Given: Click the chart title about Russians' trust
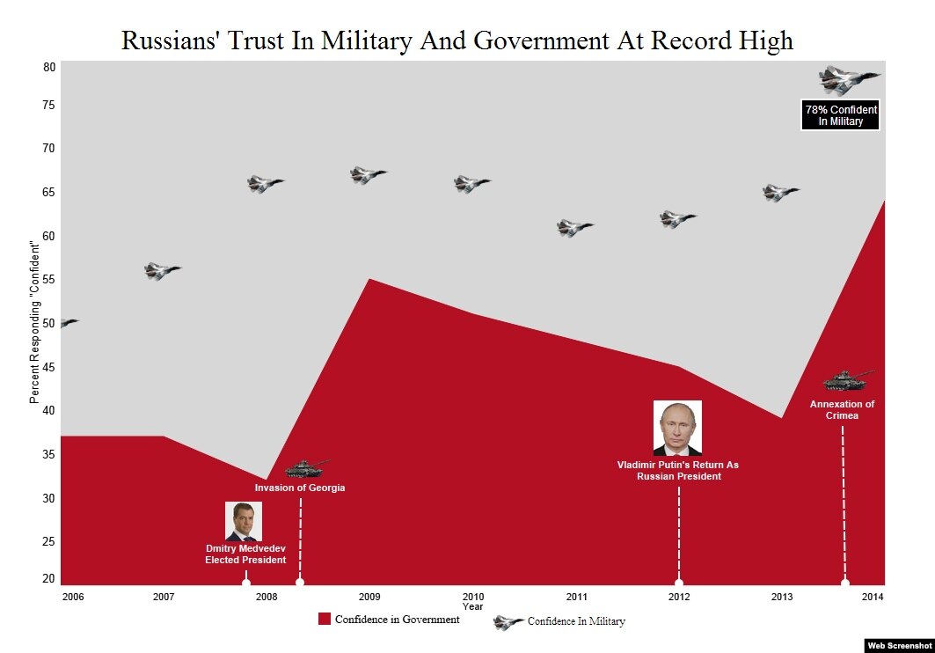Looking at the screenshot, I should [x=457, y=40].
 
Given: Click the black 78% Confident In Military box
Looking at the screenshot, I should [x=841, y=115].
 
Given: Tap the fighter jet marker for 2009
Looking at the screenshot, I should [x=368, y=174].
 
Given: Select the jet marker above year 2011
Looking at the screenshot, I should [x=574, y=228].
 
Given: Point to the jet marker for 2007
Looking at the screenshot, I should [x=161, y=271].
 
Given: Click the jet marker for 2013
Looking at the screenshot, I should [x=779, y=193].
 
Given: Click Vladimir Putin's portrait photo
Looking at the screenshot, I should [x=677, y=428].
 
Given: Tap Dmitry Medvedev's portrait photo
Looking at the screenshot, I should [x=244, y=521].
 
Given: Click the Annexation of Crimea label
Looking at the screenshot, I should [x=842, y=410].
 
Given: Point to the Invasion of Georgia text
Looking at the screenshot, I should [x=300, y=488].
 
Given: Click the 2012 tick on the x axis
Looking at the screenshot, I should [x=679, y=598].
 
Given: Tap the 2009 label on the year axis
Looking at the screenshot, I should [x=369, y=598].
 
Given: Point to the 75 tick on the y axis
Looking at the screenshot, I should [x=48, y=106].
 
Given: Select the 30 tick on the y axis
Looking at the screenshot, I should [x=48, y=499].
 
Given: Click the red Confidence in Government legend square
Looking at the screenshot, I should [x=325, y=620].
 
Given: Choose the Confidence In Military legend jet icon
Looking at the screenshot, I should [x=508, y=622].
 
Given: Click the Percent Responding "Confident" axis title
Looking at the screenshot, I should [x=35, y=321].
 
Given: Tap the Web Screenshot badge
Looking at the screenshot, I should [x=898, y=645].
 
